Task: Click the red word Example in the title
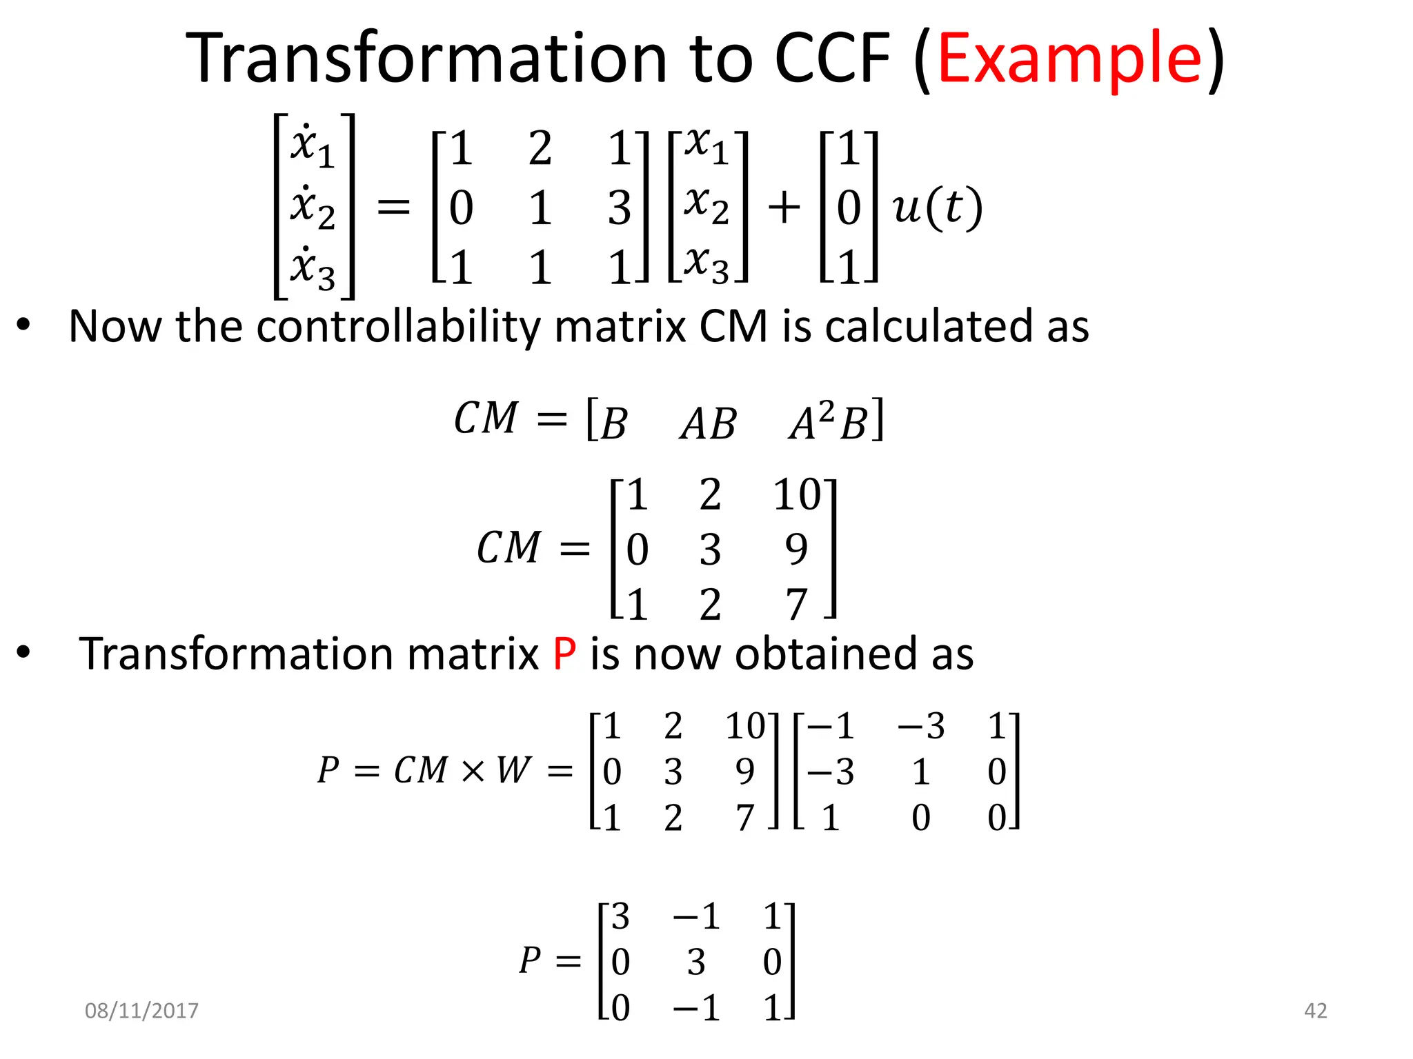pyautogui.click(x=1069, y=61)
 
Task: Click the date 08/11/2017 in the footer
pyautogui.click(x=141, y=1011)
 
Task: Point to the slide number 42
pyautogui.click(x=1315, y=1011)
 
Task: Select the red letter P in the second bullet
pyautogui.click(x=564, y=654)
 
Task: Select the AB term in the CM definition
pyautogui.click(x=709, y=423)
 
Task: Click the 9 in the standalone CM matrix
pyautogui.click(x=796, y=549)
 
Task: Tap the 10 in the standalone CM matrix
pyautogui.click(x=797, y=494)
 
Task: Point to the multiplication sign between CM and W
pyautogui.click(x=473, y=771)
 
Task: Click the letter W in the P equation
pyautogui.click(x=513, y=770)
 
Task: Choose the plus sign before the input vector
pyautogui.click(x=784, y=207)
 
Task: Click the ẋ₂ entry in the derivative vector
pyautogui.click(x=313, y=207)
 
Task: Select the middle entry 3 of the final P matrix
pyautogui.click(x=696, y=962)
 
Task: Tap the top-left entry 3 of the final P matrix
pyautogui.click(x=620, y=916)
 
